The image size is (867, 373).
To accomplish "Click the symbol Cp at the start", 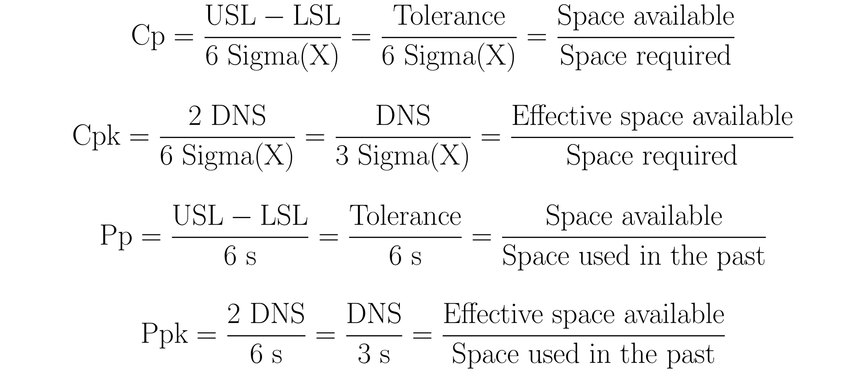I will pos(148,37).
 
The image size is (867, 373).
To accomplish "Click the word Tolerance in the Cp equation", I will pos(449,16).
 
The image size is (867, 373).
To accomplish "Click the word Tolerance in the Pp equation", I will pos(405,216).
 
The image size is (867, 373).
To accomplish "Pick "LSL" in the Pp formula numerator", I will pos(284,216).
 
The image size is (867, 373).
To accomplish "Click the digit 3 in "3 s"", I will pos(364,355).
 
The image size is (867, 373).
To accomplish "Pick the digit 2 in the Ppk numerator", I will pos(234,314).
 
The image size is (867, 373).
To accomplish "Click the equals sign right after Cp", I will pos(184,37).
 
